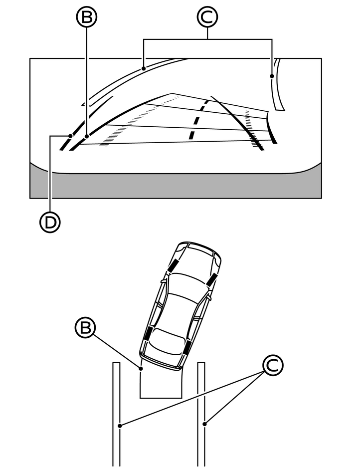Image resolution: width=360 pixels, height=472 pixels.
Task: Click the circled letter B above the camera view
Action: [87, 17]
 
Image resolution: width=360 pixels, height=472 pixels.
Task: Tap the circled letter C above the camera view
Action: [207, 17]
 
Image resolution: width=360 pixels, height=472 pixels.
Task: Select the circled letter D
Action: [50, 222]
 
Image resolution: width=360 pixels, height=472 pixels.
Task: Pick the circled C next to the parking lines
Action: [272, 366]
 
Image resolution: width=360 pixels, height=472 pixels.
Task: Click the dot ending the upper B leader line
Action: [87, 135]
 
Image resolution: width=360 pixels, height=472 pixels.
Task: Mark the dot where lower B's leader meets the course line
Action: [141, 369]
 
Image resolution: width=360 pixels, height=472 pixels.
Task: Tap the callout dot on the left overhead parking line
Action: [119, 426]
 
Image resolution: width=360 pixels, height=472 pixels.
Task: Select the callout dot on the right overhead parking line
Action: [205, 424]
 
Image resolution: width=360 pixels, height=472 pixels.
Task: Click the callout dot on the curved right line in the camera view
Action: [272, 76]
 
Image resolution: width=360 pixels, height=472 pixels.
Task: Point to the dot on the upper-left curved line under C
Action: [143, 68]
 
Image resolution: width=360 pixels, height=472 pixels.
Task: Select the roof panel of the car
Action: [177, 309]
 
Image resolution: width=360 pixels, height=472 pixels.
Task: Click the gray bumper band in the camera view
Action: [175, 186]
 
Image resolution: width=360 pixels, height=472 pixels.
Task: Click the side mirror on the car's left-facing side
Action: [163, 283]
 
